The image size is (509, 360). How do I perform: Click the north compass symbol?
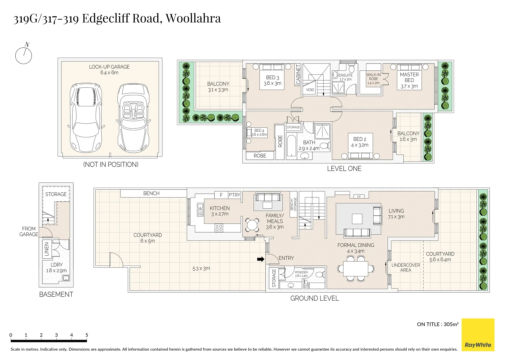point(24,54)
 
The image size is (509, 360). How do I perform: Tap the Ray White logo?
point(478,335)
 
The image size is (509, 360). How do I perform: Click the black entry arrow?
point(261,259)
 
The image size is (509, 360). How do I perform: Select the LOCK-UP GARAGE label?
point(109,67)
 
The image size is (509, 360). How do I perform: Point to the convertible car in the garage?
point(133,118)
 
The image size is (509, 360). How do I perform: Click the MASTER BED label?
point(409,77)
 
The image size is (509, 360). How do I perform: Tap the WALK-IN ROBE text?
point(373,77)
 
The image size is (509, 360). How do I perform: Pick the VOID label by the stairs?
point(310,90)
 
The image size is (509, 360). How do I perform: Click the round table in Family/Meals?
point(252,225)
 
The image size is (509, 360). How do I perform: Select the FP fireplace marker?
point(359,197)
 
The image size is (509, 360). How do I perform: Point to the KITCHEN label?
point(220,208)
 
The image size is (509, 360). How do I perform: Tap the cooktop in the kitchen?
point(219,228)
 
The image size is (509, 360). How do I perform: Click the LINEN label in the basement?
point(47,249)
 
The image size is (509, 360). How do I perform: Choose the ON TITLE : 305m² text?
point(438,324)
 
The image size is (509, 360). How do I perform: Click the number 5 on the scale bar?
point(87,335)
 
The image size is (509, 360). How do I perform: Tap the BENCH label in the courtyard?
point(151,193)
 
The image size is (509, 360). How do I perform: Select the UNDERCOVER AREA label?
point(406,267)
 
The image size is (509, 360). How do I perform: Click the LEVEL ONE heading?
point(344,169)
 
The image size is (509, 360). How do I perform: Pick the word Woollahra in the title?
point(193,18)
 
